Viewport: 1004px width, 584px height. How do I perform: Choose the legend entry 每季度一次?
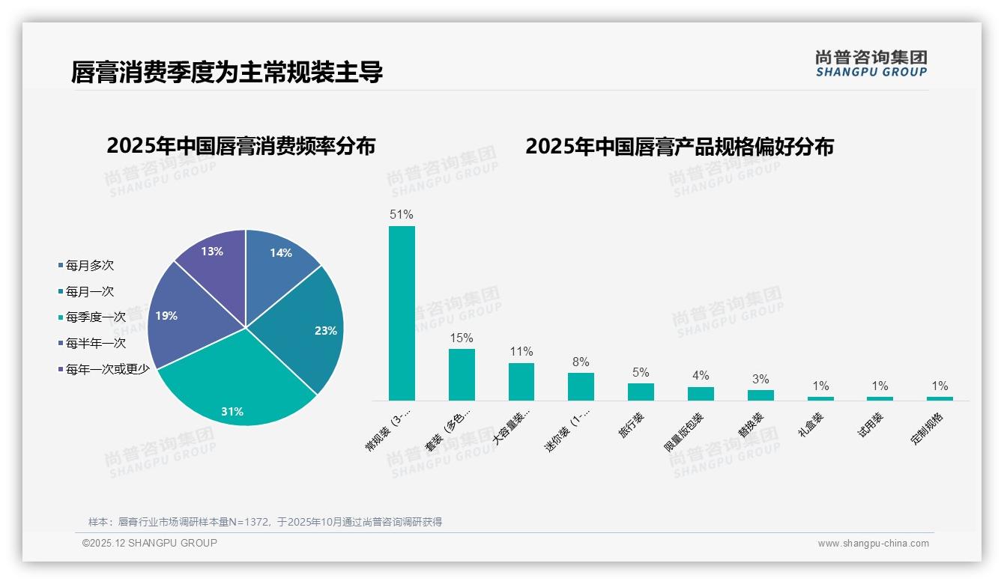(95, 317)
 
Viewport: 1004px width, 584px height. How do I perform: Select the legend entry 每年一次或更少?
(107, 369)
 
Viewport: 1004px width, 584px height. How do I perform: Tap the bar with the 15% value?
(462, 374)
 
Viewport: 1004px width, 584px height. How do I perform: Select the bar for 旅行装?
(641, 392)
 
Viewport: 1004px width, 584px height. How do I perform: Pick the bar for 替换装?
(760, 395)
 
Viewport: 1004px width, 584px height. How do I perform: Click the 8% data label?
(581, 362)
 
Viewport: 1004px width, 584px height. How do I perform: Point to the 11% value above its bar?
(521, 352)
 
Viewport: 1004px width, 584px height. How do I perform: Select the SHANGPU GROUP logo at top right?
(871, 64)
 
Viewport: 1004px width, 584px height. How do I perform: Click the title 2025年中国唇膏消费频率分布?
(241, 146)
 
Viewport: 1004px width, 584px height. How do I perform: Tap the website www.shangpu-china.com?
(873, 544)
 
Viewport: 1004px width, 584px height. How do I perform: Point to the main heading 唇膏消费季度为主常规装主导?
(227, 73)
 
